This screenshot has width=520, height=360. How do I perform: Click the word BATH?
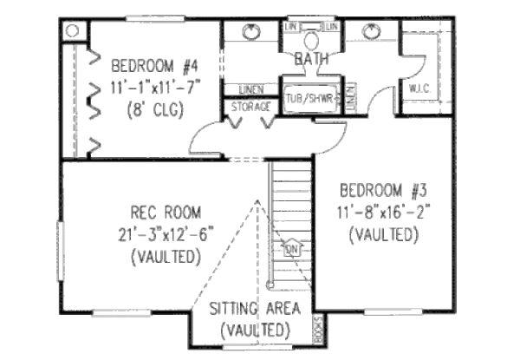[309, 60]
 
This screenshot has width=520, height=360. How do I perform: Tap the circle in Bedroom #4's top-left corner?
[73, 30]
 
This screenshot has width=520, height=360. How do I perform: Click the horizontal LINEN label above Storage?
[244, 89]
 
